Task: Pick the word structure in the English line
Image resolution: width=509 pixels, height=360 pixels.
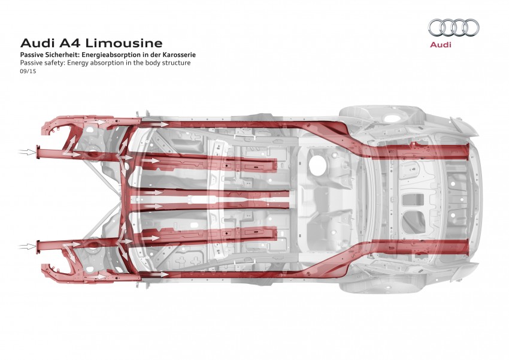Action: pyautogui.click(x=176, y=62)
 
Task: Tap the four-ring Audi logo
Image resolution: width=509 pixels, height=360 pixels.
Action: pyautogui.click(x=453, y=27)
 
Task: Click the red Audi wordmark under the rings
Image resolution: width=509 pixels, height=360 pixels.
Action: pyautogui.click(x=441, y=44)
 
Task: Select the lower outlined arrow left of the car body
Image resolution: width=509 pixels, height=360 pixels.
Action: pyautogui.click(x=27, y=246)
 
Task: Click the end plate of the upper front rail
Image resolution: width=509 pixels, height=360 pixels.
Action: pyautogui.click(x=38, y=152)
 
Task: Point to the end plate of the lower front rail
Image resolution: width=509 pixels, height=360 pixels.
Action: pyautogui.click(x=38, y=246)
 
